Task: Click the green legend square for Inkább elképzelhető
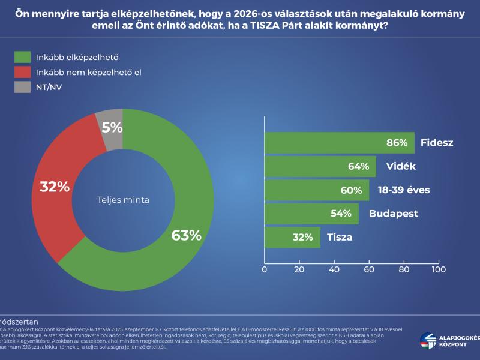(22, 58)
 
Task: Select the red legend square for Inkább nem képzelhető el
(22, 73)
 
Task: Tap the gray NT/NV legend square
(22, 88)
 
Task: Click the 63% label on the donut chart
(186, 235)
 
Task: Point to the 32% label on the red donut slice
(55, 187)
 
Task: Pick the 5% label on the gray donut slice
(112, 127)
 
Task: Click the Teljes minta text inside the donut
(123, 200)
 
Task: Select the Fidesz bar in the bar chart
(339, 143)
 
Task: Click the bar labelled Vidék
(320, 167)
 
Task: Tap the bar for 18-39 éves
(316, 190)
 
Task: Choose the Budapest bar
(311, 214)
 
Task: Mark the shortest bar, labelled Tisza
(292, 237)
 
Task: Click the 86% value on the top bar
(397, 143)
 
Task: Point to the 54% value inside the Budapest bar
(341, 214)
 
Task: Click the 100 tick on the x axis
(439, 269)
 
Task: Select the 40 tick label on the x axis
(334, 269)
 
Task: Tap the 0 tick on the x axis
(265, 269)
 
